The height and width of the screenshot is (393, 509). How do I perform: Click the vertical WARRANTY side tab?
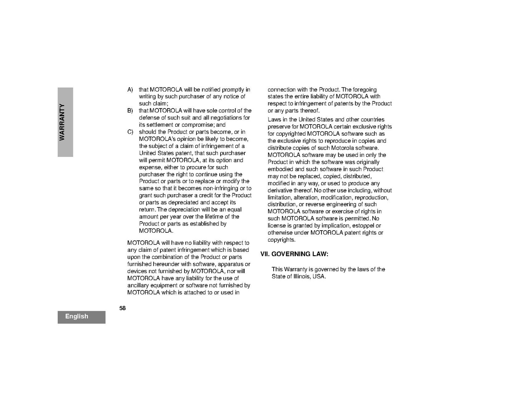click(x=65, y=122)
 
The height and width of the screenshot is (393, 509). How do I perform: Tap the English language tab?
click(x=77, y=316)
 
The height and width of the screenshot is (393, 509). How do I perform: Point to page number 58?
click(x=123, y=308)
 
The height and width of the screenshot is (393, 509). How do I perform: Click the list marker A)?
click(x=130, y=89)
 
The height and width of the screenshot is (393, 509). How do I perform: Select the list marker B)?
click(x=130, y=111)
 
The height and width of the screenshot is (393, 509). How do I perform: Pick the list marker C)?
click(x=130, y=132)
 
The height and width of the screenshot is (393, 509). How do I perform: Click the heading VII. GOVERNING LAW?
click(x=294, y=254)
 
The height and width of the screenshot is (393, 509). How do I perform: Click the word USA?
click(x=319, y=276)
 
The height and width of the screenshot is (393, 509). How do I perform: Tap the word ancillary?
click(x=138, y=285)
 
